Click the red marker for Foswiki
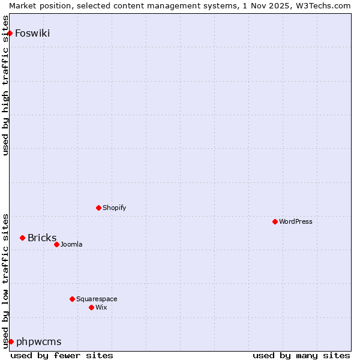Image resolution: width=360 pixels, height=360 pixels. (10, 33)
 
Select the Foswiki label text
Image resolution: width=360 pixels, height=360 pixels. (32, 33)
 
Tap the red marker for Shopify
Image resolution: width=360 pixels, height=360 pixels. (98, 208)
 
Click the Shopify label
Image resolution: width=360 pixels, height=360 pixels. (114, 208)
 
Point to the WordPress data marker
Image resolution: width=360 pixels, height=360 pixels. (275, 221)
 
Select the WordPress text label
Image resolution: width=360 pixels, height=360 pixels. (296, 221)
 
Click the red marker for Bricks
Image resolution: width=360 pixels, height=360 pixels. (22, 238)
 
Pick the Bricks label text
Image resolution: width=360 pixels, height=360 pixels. (42, 238)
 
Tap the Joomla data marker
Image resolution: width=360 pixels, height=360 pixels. (56, 244)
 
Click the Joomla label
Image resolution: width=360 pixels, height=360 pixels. (71, 244)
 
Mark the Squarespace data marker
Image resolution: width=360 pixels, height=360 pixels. (72, 299)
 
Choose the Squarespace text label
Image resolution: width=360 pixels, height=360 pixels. (97, 299)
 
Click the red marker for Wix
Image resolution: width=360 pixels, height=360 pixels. (91, 307)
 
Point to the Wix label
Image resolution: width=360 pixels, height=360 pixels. (101, 307)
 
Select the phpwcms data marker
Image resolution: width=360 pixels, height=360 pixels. (11, 341)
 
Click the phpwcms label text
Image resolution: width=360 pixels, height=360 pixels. (39, 341)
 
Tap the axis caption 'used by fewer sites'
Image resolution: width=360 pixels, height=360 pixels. (62, 355)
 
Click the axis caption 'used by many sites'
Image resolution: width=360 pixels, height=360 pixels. (301, 355)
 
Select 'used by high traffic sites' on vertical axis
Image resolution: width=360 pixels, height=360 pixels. (6, 86)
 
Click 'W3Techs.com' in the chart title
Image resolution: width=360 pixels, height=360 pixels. (323, 5)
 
